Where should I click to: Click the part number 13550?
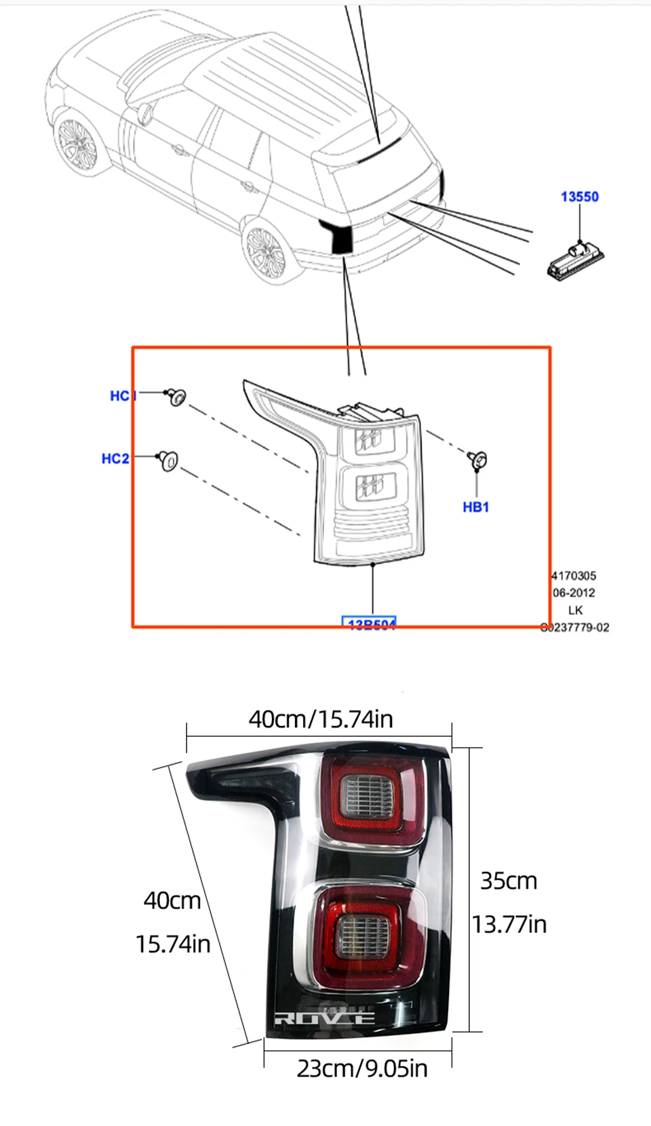[579, 197]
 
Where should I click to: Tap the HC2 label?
[115, 459]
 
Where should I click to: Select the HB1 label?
[475, 507]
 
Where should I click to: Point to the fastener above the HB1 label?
[477, 460]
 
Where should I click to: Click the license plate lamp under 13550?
[574, 261]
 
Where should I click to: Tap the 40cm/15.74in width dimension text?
[321, 719]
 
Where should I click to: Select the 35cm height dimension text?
[509, 881]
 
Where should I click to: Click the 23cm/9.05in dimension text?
[362, 1068]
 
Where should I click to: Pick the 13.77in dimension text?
[509, 924]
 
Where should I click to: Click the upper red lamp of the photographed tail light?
[371, 796]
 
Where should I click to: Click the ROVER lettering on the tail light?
[325, 1018]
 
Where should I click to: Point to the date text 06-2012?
[574, 592]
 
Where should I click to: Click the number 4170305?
[574, 576]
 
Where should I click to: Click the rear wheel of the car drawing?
[265, 251]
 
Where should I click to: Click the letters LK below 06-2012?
[575, 610]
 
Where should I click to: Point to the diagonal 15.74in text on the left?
[173, 944]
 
